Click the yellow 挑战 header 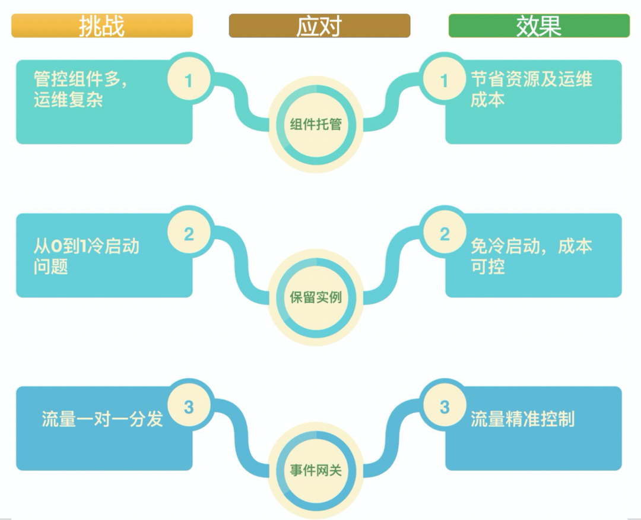[x=102, y=26]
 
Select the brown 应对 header [x=319, y=26]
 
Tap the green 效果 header [x=539, y=26]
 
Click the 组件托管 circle [x=316, y=125]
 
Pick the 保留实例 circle [x=316, y=297]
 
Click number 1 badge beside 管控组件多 [x=189, y=80]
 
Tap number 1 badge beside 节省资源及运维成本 [x=445, y=80]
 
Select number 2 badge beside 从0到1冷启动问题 [x=189, y=234]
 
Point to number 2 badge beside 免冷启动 [x=445, y=234]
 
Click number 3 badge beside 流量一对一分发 [x=189, y=407]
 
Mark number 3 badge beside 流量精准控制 [x=445, y=407]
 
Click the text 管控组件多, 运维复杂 [x=80, y=90]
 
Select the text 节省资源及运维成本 [x=531, y=90]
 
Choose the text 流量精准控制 [x=522, y=419]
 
